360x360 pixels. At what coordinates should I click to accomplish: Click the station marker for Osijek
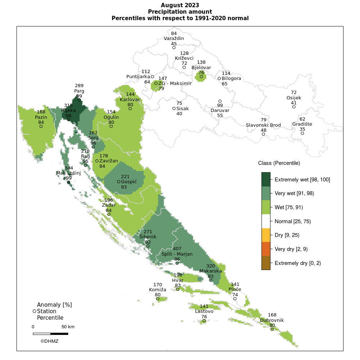[x=294, y=107]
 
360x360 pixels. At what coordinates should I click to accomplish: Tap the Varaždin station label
[x=174, y=39]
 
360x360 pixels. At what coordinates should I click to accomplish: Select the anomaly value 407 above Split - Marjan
[x=177, y=249]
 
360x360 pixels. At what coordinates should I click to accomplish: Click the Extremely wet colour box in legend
[x=266, y=179]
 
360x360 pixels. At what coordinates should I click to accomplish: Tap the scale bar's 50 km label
[x=68, y=327]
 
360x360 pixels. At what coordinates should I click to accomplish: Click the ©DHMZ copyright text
[x=49, y=341]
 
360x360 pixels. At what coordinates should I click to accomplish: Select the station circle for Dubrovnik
[x=272, y=329]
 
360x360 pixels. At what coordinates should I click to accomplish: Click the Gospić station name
[x=129, y=182]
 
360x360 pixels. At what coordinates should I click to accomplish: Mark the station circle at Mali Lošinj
[x=68, y=182]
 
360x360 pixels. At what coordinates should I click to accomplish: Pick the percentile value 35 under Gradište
[x=302, y=129]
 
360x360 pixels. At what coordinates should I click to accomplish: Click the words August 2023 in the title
[x=180, y=5]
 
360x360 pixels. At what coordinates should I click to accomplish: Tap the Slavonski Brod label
[x=263, y=125]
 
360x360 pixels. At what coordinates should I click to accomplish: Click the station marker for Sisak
[x=174, y=108]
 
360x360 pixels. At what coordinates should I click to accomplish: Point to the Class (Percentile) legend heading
[x=279, y=163]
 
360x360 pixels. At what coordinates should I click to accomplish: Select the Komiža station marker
[x=158, y=298]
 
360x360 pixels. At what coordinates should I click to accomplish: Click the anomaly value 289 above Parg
[x=79, y=86]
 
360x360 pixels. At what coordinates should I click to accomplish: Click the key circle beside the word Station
[x=34, y=311]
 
